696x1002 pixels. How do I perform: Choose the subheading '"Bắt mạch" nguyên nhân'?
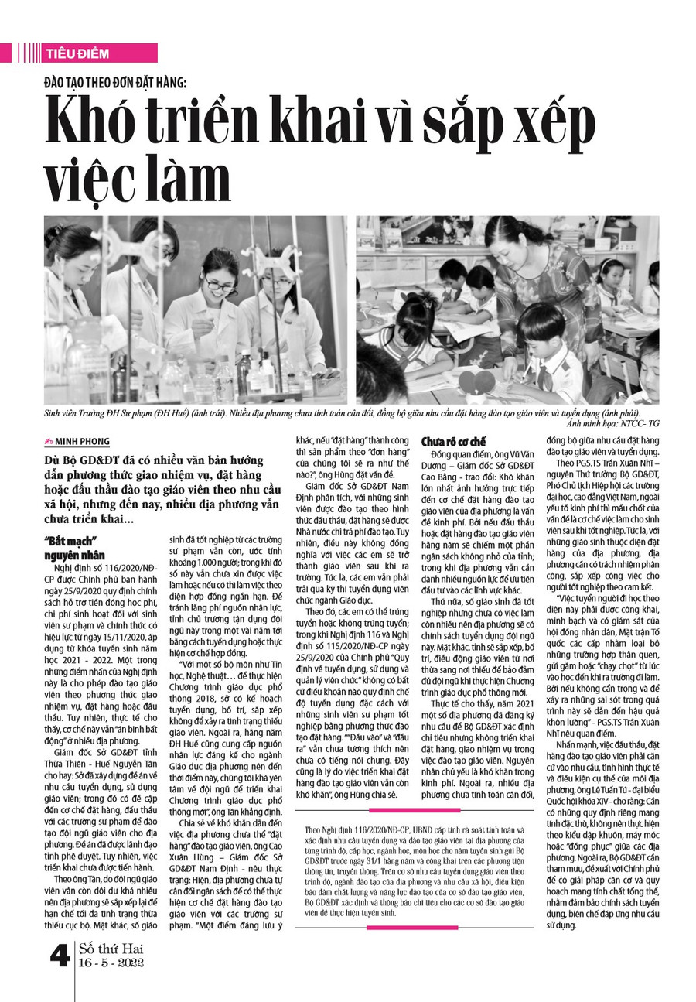(74, 547)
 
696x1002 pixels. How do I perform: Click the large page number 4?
(60, 956)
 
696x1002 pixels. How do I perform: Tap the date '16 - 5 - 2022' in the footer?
(111, 963)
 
